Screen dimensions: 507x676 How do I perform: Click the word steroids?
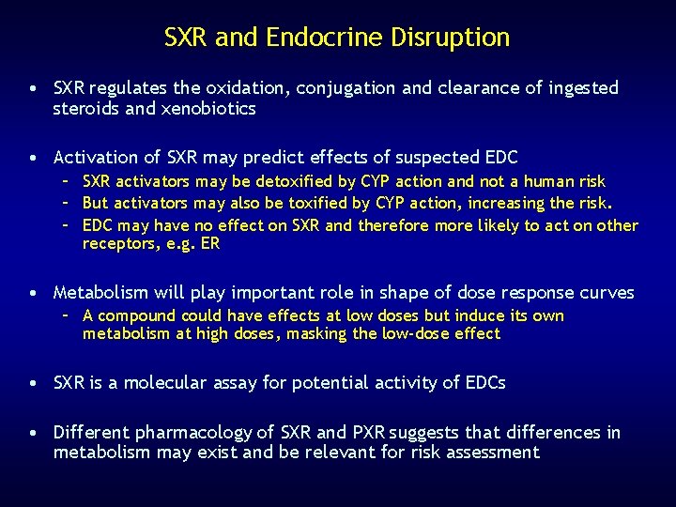[x=88, y=109]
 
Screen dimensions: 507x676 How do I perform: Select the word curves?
[x=608, y=292]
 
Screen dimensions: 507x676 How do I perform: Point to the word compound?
[x=138, y=315]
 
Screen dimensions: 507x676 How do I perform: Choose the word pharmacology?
[x=193, y=433]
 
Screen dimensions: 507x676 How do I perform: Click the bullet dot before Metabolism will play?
[x=33, y=292]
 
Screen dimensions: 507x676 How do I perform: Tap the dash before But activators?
[x=69, y=203]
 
